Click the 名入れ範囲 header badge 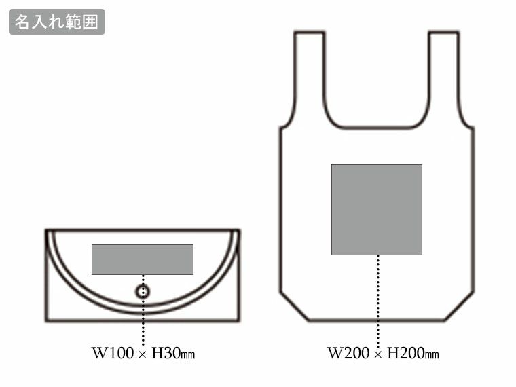[57, 22]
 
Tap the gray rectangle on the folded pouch [143, 259]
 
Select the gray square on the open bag [377, 209]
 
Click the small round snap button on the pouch [143, 292]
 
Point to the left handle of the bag [309, 75]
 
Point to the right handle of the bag [444, 75]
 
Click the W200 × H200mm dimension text [383, 354]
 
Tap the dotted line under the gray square [377, 299]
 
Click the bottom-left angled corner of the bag [294, 307]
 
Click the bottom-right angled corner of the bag [460, 307]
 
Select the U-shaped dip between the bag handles [377, 127]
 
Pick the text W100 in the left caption [109, 354]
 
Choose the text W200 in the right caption [346, 354]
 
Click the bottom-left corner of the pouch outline [47, 320]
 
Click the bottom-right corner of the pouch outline [239, 320]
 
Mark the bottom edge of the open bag [377, 320]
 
